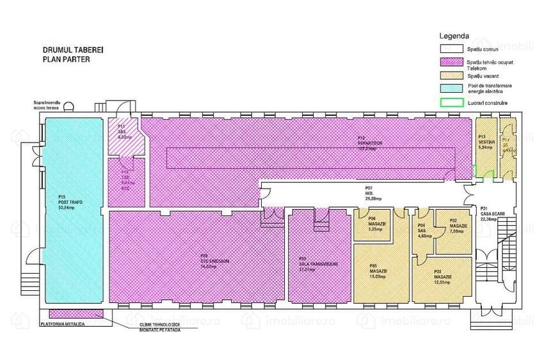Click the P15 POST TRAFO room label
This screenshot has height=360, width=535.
[66, 202]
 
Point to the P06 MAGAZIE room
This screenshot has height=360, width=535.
[376, 224]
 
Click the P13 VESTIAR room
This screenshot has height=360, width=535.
[486, 142]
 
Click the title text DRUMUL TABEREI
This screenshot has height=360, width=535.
[68, 49]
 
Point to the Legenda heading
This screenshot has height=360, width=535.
[454, 35]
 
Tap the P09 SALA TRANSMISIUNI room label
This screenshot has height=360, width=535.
[318, 266]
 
